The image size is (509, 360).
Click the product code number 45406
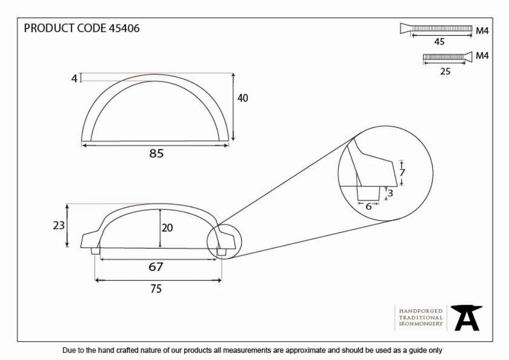tap(124, 28)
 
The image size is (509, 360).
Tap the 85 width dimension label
tap(156, 154)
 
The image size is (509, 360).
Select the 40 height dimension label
tap(242, 98)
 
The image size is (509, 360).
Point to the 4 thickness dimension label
tap(74, 78)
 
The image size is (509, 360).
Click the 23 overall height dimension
tap(59, 225)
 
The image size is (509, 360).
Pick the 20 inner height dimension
tap(167, 228)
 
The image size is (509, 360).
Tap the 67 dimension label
tap(156, 267)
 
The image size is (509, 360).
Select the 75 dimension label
tap(156, 289)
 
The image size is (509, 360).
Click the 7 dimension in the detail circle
tap(402, 173)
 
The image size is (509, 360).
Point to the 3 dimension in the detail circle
tap(390, 193)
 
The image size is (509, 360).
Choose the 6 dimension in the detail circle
tap(369, 206)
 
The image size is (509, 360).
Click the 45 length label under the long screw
tap(439, 42)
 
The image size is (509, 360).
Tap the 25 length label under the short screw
tap(445, 71)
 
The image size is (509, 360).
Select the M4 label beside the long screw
tap(482, 31)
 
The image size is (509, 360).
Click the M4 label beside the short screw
tap(482, 56)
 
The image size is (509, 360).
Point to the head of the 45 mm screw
tap(406, 29)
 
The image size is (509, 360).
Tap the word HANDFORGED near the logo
tap(421, 311)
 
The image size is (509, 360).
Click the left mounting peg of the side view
tap(95, 251)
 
